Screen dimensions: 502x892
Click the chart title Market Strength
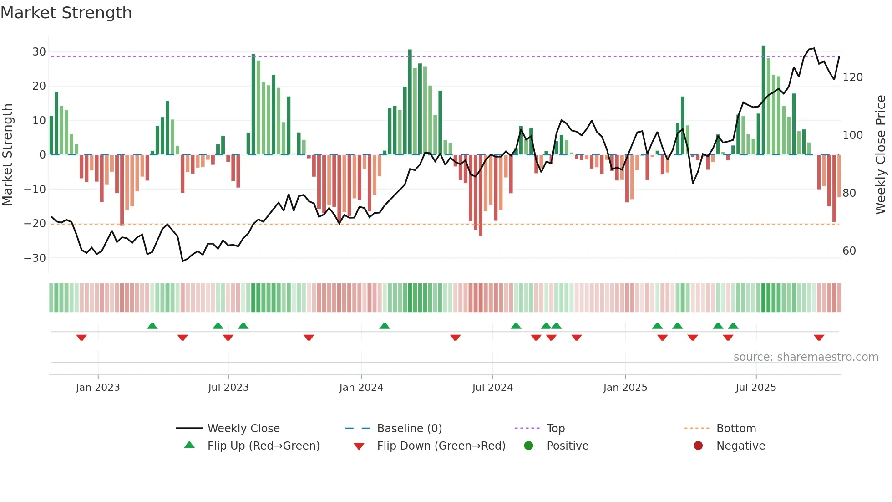pos(66,13)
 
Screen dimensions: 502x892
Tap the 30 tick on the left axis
pos(39,52)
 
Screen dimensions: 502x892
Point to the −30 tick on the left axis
pos(35,258)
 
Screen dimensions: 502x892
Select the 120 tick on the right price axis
pos(852,77)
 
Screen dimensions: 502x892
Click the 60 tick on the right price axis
pos(849,251)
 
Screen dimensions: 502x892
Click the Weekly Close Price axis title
pos(881,155)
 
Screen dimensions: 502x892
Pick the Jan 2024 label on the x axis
pos(361,388)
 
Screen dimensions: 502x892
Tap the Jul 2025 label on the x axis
pos(755,388)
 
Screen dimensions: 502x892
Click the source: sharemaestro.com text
pos(806,357)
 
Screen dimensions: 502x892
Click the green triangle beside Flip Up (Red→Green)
pos(189,445)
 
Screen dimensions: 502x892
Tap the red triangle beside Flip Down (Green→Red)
pos(359,446)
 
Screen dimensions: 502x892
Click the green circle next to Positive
pos(528,446)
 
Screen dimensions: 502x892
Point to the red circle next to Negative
pos(698,446)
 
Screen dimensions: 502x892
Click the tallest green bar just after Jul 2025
pos(763,100)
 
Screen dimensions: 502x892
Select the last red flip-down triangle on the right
pos(819,338)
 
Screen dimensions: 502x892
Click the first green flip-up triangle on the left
pos(152,326)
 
